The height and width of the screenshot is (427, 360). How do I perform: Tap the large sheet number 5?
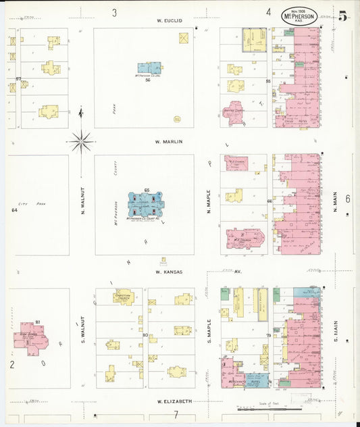click(x=343, y=16)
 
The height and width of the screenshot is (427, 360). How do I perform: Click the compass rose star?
click(x=80, y=141)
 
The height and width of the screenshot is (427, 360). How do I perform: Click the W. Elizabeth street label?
click(x=174, y=401)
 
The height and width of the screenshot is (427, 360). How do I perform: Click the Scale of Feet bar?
click(x=269, y=409)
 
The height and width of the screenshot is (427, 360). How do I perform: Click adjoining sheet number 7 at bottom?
click(x=175, y=414)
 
